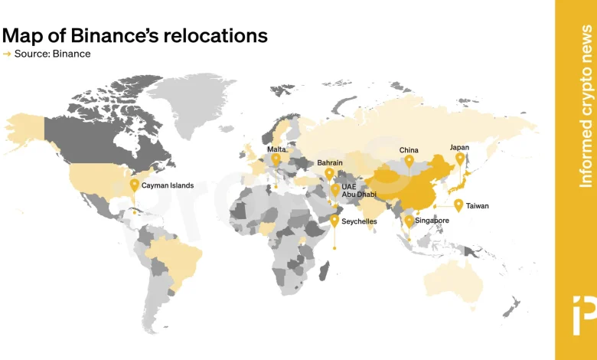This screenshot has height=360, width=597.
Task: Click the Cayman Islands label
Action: tap(168, 185)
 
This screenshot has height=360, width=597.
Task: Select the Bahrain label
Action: tap(330, 163)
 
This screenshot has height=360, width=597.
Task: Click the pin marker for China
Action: tap(409, 161)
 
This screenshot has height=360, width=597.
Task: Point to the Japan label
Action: tap(459, 147)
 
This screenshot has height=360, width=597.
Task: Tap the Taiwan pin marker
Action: tap(458, 205)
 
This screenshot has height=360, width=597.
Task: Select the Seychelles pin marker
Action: tap(334, 220)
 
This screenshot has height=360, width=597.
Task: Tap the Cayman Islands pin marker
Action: tap(135, 185)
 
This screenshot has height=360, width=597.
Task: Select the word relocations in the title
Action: tap(222, 35)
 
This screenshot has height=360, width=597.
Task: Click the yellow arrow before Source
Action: tap(7, 54)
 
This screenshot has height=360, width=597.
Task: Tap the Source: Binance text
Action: tap(52, 54)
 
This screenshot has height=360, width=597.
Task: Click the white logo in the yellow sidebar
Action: tap(576, 313)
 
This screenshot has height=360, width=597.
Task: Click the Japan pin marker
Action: tap(460, 159)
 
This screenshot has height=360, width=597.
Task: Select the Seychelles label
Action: tap(360, 221)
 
